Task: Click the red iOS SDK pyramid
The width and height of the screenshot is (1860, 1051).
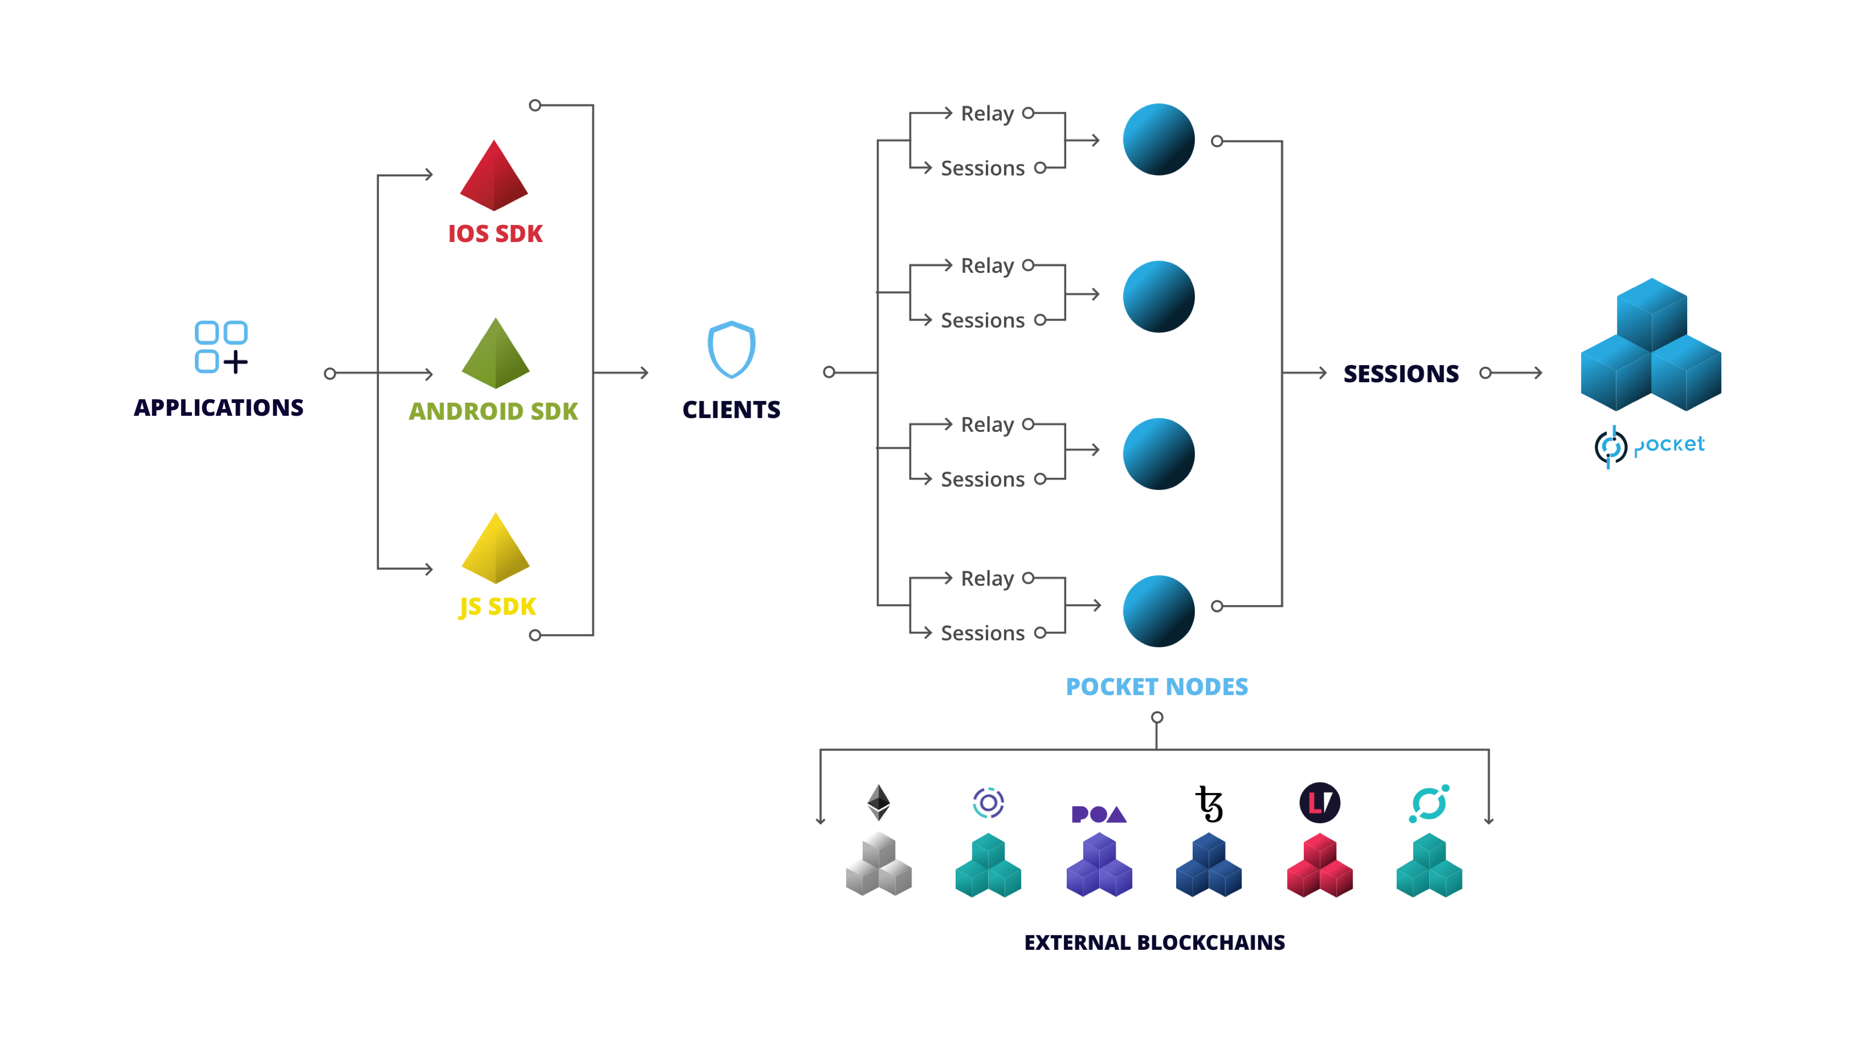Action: tap(495, 178)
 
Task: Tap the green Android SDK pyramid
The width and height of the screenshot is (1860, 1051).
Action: tap(495, 356)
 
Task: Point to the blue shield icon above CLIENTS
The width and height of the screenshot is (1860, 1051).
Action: tap(732, 349)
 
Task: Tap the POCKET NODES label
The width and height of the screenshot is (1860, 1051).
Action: tap(1157, 686)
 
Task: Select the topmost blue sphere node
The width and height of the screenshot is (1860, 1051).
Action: tap(1158, 139)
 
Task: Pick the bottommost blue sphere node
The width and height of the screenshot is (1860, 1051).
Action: tap(1158, 610)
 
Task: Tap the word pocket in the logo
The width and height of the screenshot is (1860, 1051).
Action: tap(1669, 444)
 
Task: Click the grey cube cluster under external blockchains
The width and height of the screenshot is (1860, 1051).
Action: tap(879, 865)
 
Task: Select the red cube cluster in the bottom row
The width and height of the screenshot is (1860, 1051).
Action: tap(1319, 866)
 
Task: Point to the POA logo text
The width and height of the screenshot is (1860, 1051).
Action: tap(1098, 814)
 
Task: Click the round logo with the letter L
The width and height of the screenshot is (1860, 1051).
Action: tap(1319, 802)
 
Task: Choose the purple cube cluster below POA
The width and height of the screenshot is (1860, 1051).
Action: tap(1099, 866)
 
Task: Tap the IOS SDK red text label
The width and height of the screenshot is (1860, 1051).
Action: tap(495, 234)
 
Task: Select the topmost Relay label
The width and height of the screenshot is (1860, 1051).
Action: tap(987, 113)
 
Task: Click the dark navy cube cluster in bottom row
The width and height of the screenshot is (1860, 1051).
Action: tap(1209, 866)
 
